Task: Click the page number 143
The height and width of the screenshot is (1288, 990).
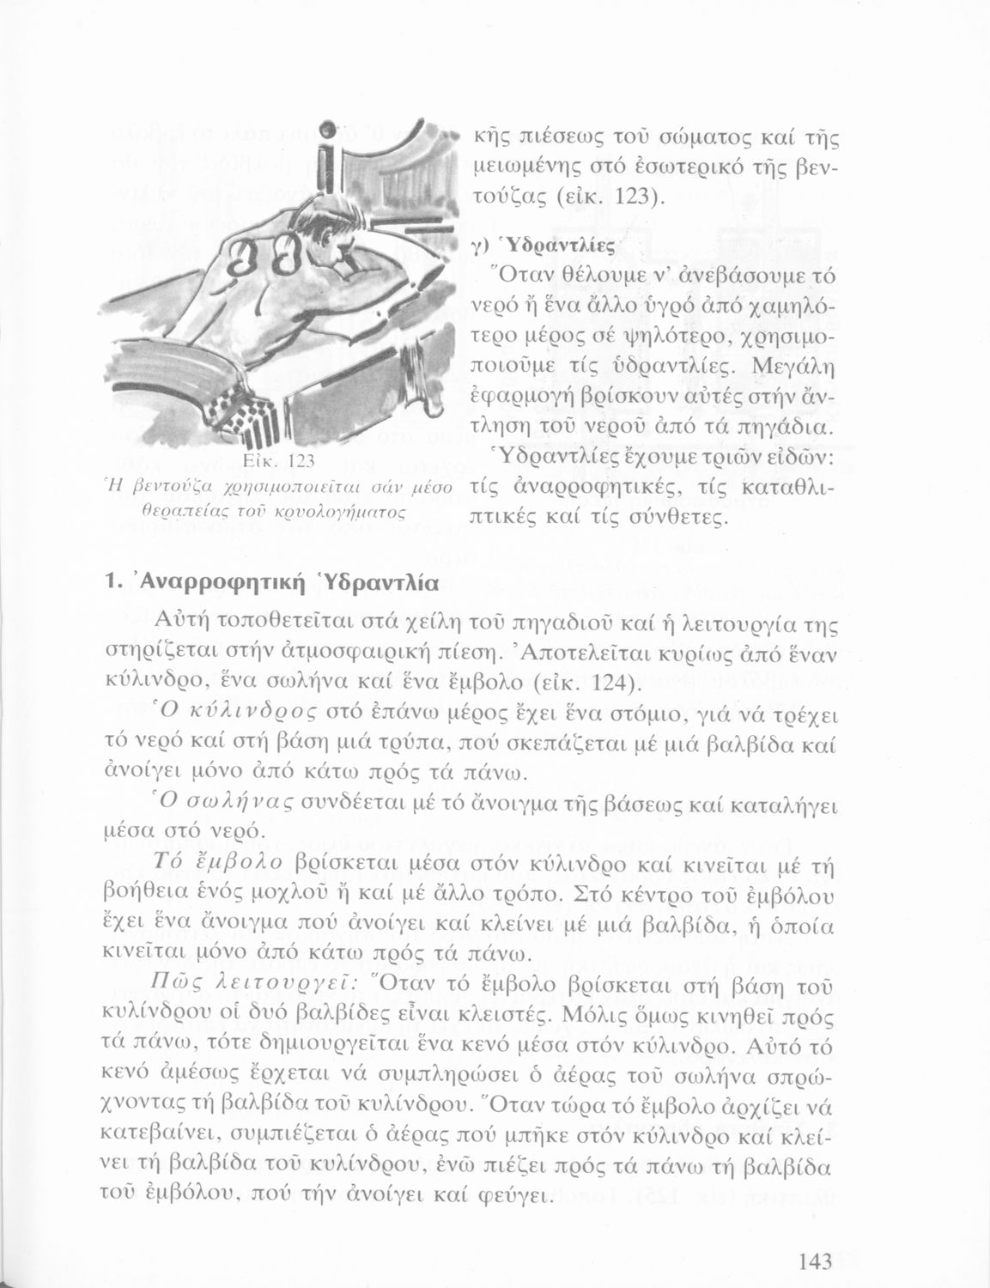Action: [815, 1261]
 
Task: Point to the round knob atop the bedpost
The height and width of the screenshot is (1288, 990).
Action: [327, 136]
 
